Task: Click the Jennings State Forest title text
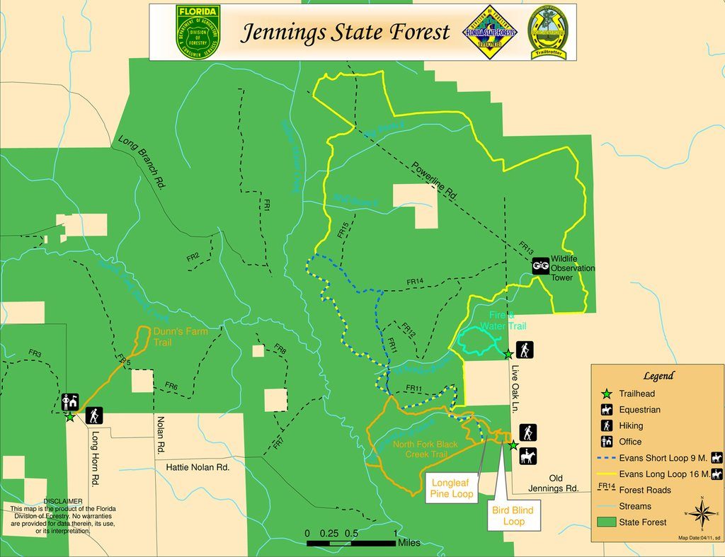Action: [x=346, y=33]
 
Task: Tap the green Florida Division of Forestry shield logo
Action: [x=198, y=32]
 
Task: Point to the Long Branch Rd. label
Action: [x=142, y=163]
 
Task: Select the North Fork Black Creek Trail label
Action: [x=426, y=449]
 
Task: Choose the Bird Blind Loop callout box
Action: [x=513, y=515]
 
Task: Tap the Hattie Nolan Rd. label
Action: [x=198, y=467]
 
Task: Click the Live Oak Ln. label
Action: [x=515, y=389]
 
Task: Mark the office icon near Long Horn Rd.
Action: [x=69, y=402]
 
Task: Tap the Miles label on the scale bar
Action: [x=409, y=543]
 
